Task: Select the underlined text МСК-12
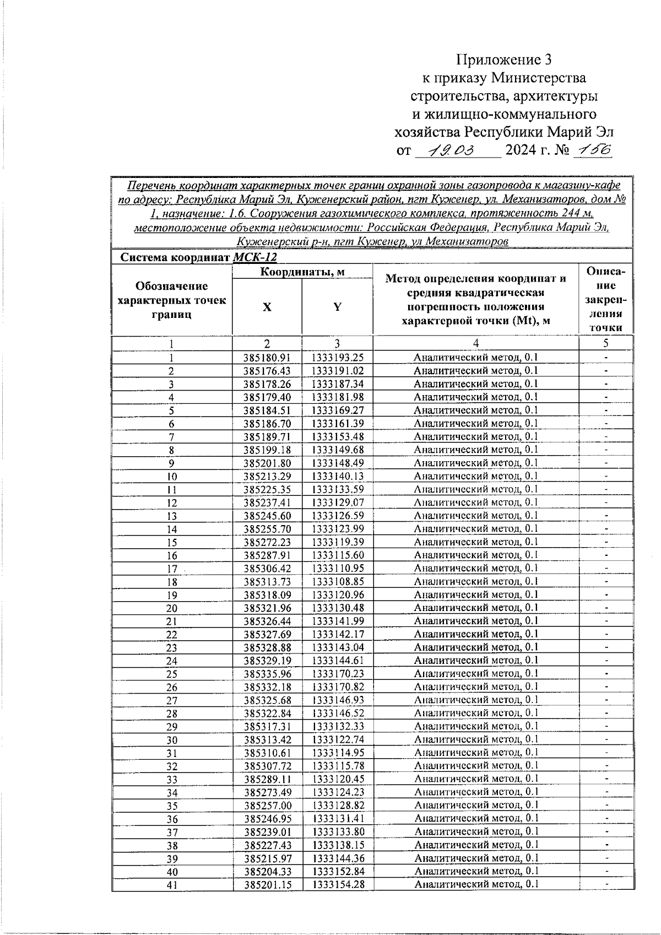tap(254, 257)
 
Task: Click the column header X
tap(267, 307)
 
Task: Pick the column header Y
tap(337, 307)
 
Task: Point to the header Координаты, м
tap(302, 272)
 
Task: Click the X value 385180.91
tap(267, 358)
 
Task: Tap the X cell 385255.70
tap(267, 529)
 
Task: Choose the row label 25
tap(172, 674)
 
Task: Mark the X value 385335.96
tap(267, 674)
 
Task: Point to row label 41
tap(172, 885)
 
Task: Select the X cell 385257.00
tap(267, 806)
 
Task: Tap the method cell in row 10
tap(476, 476)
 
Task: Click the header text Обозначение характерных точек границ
tap(172, 300)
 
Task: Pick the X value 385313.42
tap(267, 740)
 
